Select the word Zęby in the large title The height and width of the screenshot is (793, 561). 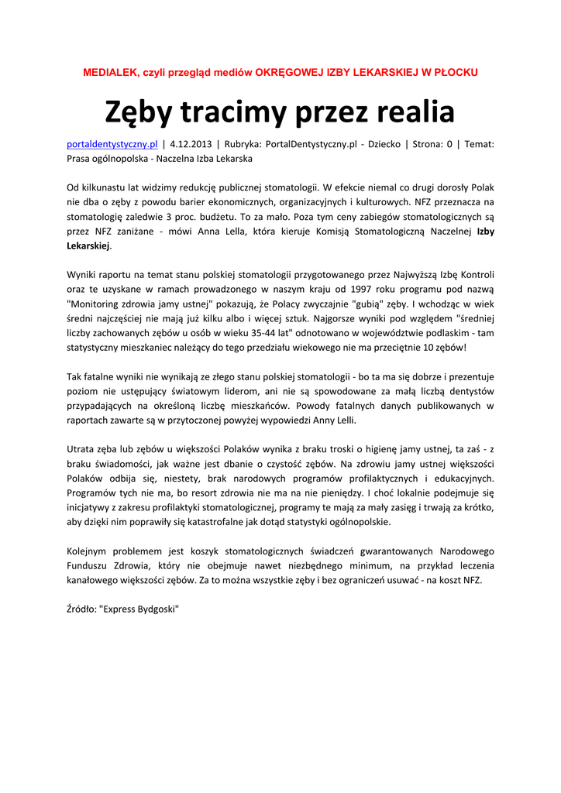point(139,113)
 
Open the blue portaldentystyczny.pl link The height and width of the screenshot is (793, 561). point(112,144)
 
